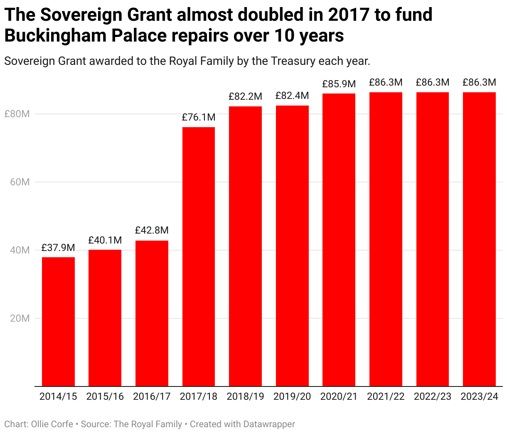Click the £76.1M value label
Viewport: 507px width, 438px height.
[199, 118]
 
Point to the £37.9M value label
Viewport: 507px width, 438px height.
[58, 248]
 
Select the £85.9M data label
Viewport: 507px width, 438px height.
[339, 84]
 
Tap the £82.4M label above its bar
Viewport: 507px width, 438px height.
[292, 96]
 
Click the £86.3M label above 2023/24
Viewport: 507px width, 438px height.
[479, 83]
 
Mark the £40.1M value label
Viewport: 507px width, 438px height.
[105, 240]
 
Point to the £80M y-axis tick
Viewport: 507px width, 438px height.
[17, 114]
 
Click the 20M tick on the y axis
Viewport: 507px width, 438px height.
[20, 318]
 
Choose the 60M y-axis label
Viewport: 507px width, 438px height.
[20, 182]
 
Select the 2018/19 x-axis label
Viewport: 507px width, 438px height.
[245, 396]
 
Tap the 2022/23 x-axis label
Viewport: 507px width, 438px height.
[432, 396]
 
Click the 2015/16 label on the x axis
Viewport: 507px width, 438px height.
[105, 396]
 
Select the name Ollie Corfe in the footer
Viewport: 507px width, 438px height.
[52, 424]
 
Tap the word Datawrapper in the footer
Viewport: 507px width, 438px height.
[269, 424]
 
